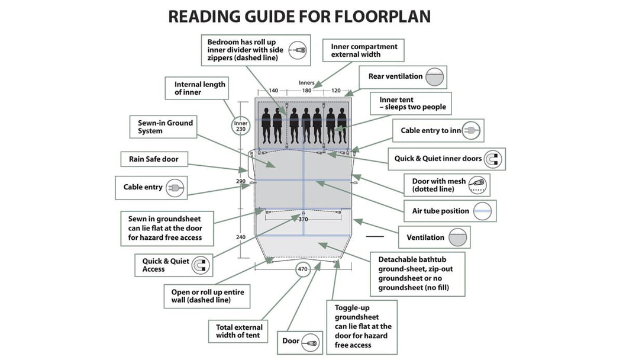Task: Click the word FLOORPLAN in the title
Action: point(375,16)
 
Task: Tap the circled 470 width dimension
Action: point(303,270)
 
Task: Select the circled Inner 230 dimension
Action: point(241,126)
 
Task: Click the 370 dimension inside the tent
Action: point(303,219)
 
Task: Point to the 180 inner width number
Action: point(306,91)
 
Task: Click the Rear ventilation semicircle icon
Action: point(435,77)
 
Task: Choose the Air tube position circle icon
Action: point(485,211)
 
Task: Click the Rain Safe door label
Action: point(150,159)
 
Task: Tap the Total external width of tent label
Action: point(239,332)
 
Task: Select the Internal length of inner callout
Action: point(199,89)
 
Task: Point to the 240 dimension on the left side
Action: point(241,237)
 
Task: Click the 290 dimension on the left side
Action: point(241,181)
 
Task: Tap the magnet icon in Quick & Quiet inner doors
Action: point(493,159)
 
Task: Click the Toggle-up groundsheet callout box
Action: point(362,327)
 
